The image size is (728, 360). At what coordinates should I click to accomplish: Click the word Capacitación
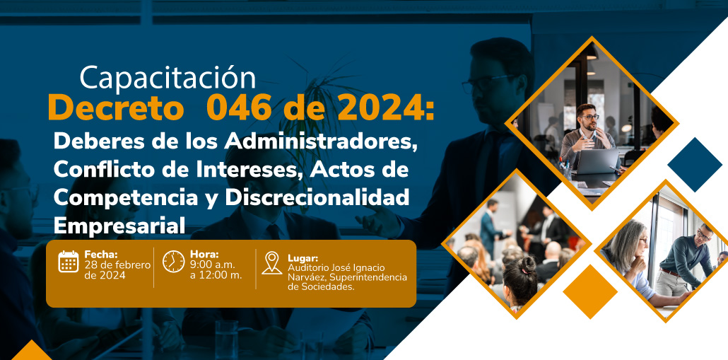click(x=168, y=79)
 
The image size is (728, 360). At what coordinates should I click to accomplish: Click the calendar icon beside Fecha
click(x=69, y=261)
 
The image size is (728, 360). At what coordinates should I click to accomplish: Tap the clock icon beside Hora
click(x=174, y=262)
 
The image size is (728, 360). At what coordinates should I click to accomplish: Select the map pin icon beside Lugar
click(x=271, y=263)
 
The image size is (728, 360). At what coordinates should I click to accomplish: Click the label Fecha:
click(x=101, y=254)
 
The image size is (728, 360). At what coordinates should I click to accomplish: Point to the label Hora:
click(x=204, y=254)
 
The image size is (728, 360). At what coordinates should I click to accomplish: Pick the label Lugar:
click(x=303, y=258)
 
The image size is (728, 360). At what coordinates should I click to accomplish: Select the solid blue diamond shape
click(x=695, y=164)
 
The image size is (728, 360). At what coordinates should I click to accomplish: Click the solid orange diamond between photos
click(x=590, y=291)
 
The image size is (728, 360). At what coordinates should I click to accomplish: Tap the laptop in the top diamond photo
click(x=597, y=161)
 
